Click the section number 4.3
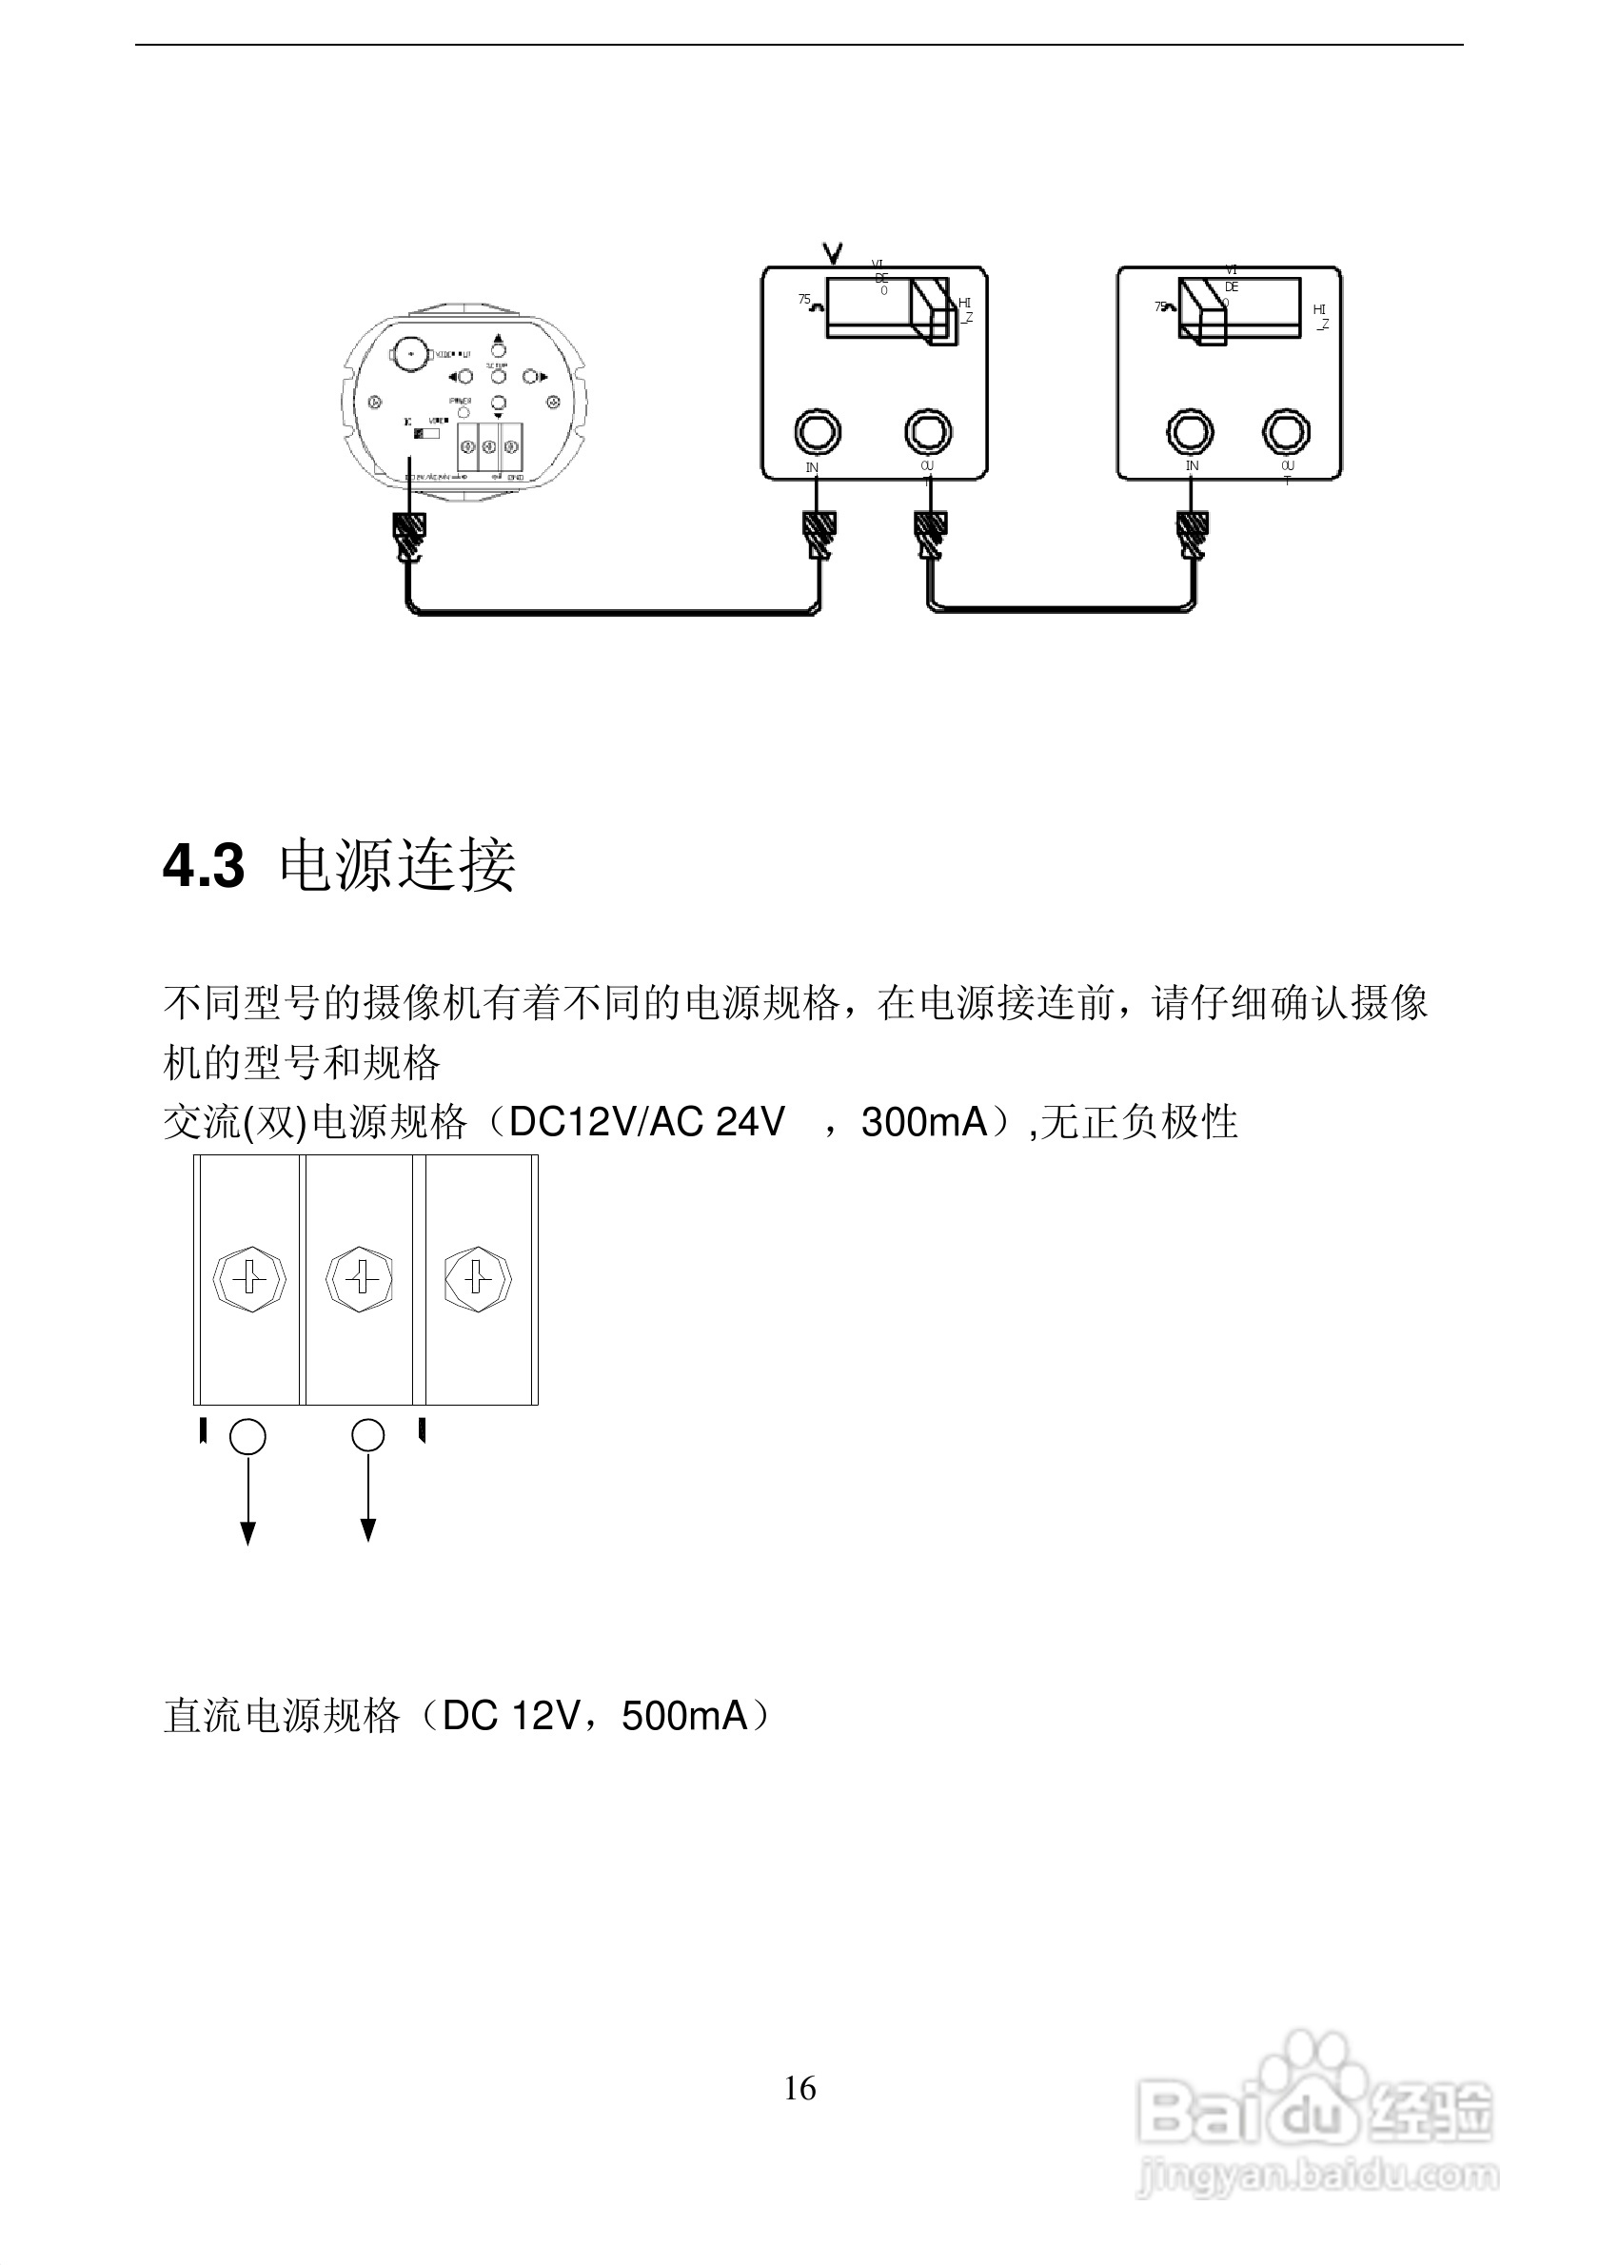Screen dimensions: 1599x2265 [203, 867]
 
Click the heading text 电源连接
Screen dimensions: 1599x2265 [398, 866]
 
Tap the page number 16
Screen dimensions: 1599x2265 [799, 2088]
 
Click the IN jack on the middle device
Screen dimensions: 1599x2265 [817, 432]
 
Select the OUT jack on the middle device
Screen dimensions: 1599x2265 [927, 432]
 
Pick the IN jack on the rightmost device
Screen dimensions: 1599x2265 [1190, 432]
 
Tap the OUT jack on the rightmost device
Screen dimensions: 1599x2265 [1285, 432]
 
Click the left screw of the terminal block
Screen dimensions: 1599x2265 [249, 1279]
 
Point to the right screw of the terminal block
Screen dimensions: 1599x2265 [478, 1279]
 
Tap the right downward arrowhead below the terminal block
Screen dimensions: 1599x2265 [368, 1530]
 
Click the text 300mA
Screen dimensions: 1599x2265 [924, 1123]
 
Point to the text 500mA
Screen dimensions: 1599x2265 [684, 1717]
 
